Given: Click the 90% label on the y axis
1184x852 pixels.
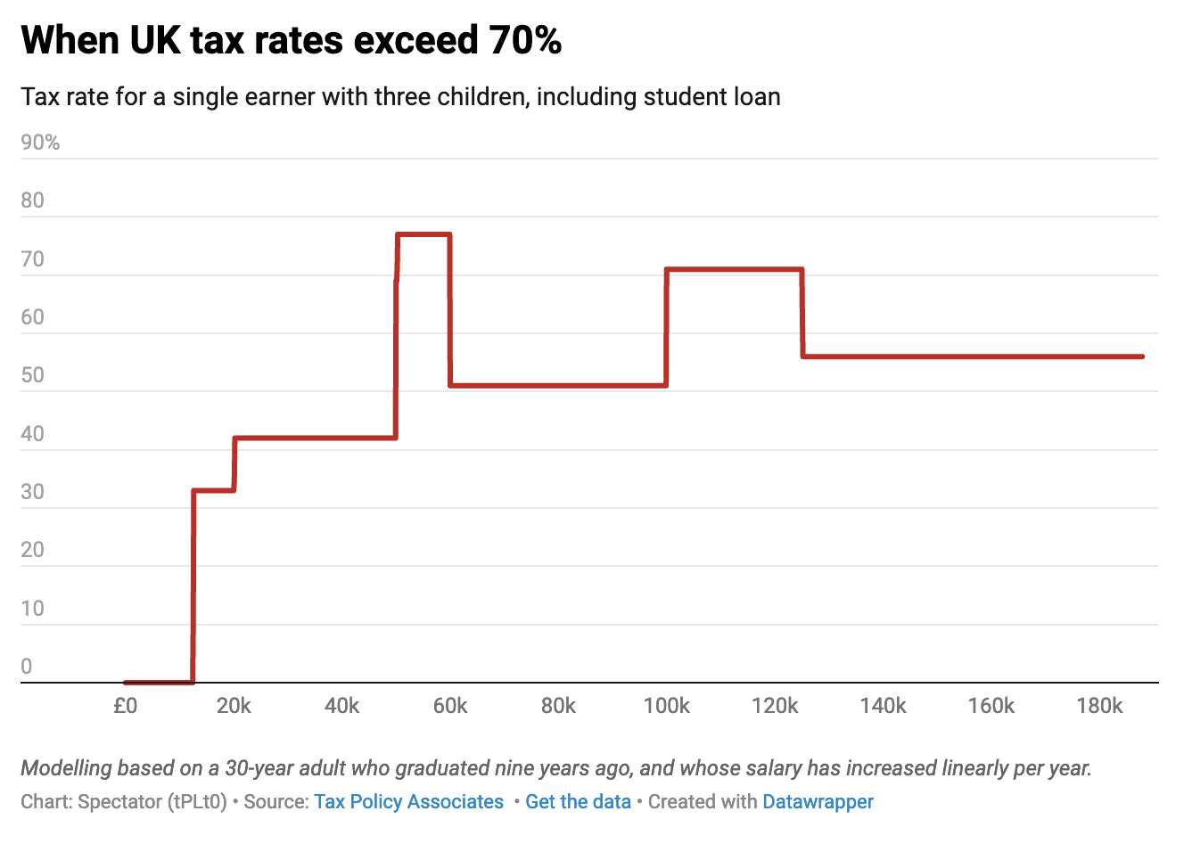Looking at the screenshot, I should [x=40, y=143].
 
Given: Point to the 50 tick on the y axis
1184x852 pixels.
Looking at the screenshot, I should [x=32, y=375].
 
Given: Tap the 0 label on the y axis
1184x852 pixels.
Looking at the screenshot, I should [x=27, y=667].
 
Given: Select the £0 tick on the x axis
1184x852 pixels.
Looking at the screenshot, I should [x=125, y=706].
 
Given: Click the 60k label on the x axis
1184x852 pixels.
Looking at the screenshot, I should [x=450, y=706].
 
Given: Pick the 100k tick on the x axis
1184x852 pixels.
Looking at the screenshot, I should [x=666, y=706].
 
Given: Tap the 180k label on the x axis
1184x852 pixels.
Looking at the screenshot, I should [x=1099, y=706].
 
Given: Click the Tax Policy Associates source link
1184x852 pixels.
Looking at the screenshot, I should [x=408, y=802].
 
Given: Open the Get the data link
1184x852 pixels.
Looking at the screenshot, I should [x=578, y=802].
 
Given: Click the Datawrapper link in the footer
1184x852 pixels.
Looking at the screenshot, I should [x=818, y=802].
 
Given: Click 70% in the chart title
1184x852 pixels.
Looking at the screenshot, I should [x=525, y=40].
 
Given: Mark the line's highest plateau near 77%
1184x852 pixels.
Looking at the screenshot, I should [x=423, y=234].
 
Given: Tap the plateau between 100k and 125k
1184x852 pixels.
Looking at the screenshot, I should [x=734, y=268].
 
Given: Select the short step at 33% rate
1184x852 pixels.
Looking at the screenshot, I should [x=214, y=490].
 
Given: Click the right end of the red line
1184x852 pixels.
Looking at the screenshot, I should [x=1142, y=356].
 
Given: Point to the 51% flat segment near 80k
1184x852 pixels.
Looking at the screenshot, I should [x=558, y=385].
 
